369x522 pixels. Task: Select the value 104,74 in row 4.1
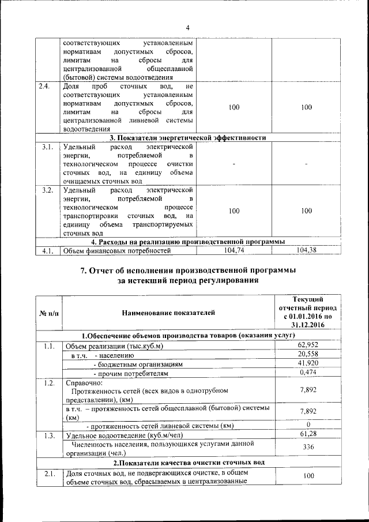point(234,250)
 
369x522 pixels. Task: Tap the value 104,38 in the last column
point(306,250)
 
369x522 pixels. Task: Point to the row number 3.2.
point(47,190)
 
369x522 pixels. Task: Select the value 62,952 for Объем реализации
point(313,346)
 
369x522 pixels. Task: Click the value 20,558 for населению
point(313,355)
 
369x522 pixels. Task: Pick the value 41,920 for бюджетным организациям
point(313,364)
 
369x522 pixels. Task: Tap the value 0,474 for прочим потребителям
point(313,373)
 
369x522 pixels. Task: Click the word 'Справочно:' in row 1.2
point(84,382)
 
